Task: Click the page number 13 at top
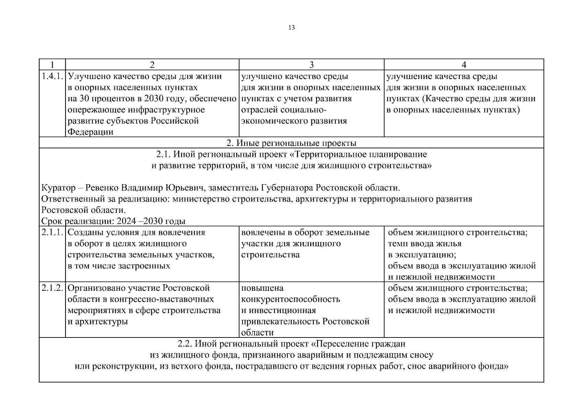coord(291,28)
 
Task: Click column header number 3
coord(311,65)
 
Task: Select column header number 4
coord(464,65)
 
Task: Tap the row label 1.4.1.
coord(52,76)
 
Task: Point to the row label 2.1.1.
coord(52,232)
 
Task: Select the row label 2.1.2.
coord(52,288)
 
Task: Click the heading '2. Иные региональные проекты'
coord(291,143)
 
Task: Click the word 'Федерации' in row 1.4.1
coord(90,132)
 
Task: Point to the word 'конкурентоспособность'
coord(290,299)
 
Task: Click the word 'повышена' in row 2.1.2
coord(262,288)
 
